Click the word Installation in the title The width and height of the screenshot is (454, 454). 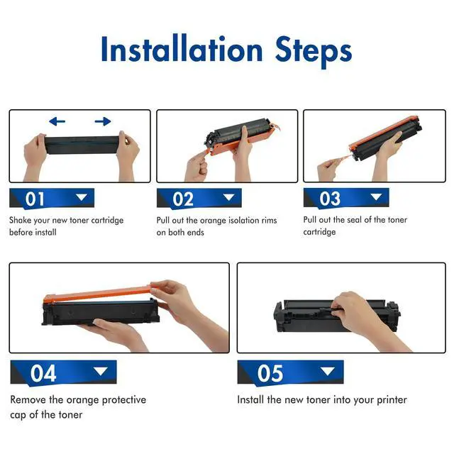coord(182,49)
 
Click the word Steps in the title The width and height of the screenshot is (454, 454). coord(314,52)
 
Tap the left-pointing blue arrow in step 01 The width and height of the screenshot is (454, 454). coord(57,121)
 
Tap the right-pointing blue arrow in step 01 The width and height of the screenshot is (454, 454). coord(103,121)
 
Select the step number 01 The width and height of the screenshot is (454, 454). coord(35,199)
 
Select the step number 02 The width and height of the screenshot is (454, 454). coord(183,199)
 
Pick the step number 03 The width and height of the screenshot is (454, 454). coord(330,199)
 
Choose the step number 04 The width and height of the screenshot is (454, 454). coord(43,373)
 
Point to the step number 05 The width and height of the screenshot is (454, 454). coord(270,373)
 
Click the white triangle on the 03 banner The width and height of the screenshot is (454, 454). coord(376,197)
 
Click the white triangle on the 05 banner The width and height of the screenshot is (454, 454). coord(328,371)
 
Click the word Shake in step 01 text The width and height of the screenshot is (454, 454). coord(21,220)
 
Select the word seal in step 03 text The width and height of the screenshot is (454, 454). coord(354,220)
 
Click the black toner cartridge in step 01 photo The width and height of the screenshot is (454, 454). coord(82,145)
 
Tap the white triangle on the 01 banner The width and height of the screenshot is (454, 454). coord(81,197)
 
